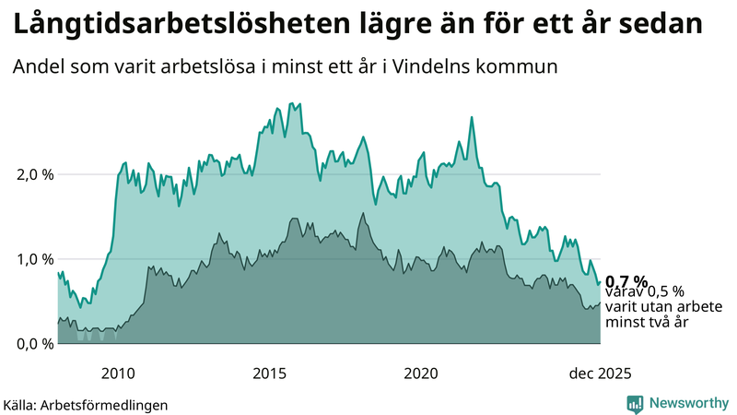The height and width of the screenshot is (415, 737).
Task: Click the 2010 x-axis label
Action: tap(118, 373)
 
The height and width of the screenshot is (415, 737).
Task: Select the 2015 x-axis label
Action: tap(270, 373)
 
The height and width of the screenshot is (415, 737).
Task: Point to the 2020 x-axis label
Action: tap(421, 373)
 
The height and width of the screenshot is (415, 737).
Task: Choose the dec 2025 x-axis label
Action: tap(600, 373)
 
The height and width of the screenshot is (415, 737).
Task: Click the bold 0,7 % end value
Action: tap(626, 281)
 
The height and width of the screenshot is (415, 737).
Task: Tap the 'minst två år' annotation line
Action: tap(647, 323)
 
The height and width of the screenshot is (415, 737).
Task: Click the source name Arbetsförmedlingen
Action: tap(110, 404)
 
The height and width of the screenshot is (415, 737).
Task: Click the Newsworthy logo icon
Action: tap(635, 403)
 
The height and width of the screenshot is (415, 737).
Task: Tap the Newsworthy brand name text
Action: tap(688, 403)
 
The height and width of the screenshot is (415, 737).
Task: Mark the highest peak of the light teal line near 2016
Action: tap(292, 103)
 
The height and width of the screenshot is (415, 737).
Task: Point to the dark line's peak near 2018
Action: tap(363, 213)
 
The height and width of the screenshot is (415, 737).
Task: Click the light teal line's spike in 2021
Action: tap(472, 117)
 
